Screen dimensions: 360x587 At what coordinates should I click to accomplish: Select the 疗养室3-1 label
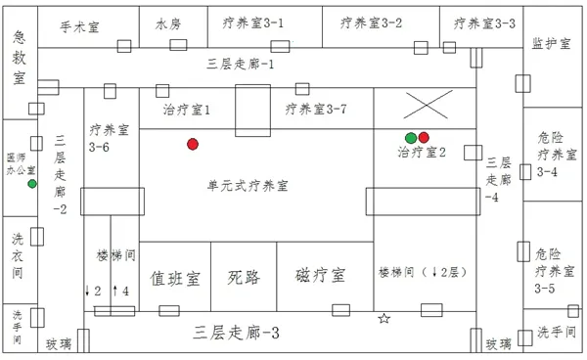[253, 22]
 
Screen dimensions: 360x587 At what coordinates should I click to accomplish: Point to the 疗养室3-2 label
[372, 22]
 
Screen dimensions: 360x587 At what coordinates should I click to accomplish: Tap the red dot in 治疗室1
[193, 145]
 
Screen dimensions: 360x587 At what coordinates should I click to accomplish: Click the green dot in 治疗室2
[411, 137]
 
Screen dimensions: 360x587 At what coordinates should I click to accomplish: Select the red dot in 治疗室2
[425, 137]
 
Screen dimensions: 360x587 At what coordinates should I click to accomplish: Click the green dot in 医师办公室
[32, 184]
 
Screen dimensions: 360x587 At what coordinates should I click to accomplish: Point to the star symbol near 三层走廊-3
[384, 319]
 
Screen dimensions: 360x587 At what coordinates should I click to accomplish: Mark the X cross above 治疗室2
[429, 106]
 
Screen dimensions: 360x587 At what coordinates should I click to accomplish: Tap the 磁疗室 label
[319, 277]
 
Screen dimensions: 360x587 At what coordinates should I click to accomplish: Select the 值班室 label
[176, 277]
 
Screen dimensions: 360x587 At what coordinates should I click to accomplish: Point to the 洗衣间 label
[19, 251]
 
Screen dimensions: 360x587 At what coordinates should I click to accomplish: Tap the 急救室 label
[19, 58]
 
